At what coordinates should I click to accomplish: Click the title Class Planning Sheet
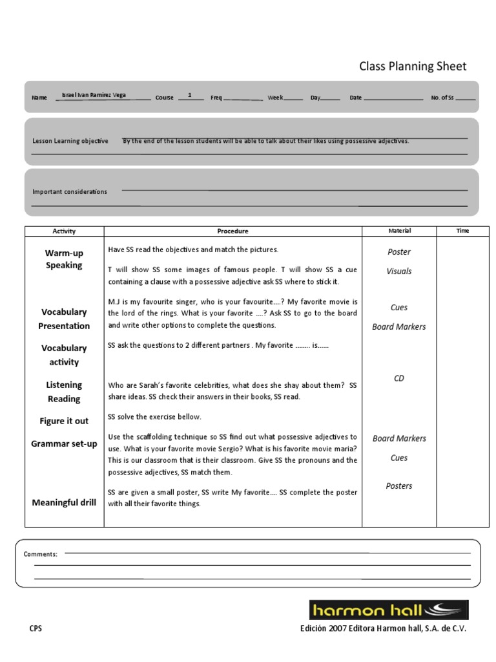pyautogui.click(x=412, y=67)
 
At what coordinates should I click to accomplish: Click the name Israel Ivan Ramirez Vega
pyautogui.click(x=94, y=95)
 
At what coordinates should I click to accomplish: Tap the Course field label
pyautogui.click(x=164, y=98)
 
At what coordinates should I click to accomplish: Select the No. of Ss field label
pyautogui.click(x=442, y=98)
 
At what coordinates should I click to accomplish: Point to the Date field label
pyautogui.click(x=356, y=98)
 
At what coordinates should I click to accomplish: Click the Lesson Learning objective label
pyautogui.click(x=70, y=141)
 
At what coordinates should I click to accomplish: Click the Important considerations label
pyautogui.click(x=70, y=191)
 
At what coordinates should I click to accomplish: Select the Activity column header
pyautogui.click(x=64, y=231)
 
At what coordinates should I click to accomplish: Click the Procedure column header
pyautogui.click(x=232, y=231)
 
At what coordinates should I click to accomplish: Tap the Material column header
pyautogui.click(x=399, y=231)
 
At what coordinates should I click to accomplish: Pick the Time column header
pyautogui.click(x=462, y=231)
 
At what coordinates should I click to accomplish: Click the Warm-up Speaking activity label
pyautogui.click(x=64, y=259)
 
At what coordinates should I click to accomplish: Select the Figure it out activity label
pyautogui.click(x=64, y=421)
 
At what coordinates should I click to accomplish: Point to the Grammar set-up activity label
pyautogui.click(x=64, y=443)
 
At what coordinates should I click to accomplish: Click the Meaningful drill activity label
pyautogui.click(x=64, y=502)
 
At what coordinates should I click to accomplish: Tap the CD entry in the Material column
pyautogui.click(x=399, y=378)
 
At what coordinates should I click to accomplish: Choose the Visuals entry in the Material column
pyautogui.click(x=399, y=272)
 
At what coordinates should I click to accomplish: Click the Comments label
pyautogui.click(x=41, y=554)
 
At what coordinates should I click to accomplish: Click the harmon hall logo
pyautogui.click(x=388, y=610)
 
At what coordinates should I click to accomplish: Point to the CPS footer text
pyautogui.click(x=36, y=628)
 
